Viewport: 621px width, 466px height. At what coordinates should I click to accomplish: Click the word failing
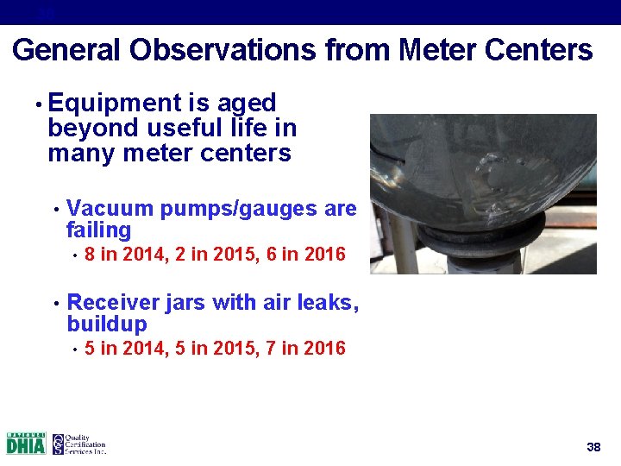pos(98,230)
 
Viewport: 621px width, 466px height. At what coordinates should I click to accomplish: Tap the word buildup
pos(107,324)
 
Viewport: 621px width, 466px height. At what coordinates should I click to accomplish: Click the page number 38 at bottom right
pos(593,447)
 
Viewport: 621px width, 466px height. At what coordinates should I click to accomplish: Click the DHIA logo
pos(26,444)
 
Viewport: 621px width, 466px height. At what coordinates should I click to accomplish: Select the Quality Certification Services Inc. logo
pos(78,444)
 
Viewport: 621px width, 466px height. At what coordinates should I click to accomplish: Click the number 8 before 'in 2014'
pos(91,255)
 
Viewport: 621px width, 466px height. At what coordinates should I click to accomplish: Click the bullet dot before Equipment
pos(38,105)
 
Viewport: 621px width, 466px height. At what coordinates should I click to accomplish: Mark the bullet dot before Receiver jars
pos(55,304)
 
